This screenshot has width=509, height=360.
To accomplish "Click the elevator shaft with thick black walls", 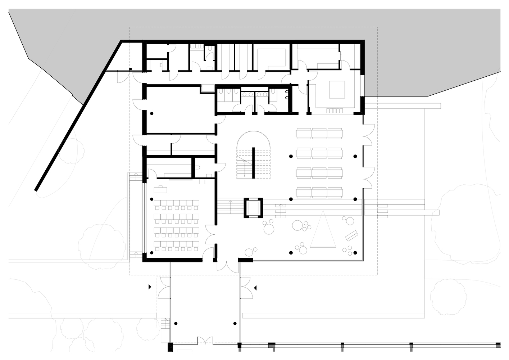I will click(254, 208).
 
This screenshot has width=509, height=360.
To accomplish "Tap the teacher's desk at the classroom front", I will click(160, 188).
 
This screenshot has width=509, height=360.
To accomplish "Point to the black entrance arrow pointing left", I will click(255, 288).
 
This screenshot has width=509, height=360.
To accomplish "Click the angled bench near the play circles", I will click(351, 235).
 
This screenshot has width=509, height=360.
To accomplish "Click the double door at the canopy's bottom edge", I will click(205, 340).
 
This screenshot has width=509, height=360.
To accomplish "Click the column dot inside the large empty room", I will click(151, 113).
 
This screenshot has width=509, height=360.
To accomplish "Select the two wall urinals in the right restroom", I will click(287, 95).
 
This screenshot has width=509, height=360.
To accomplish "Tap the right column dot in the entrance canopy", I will click(235, 323).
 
